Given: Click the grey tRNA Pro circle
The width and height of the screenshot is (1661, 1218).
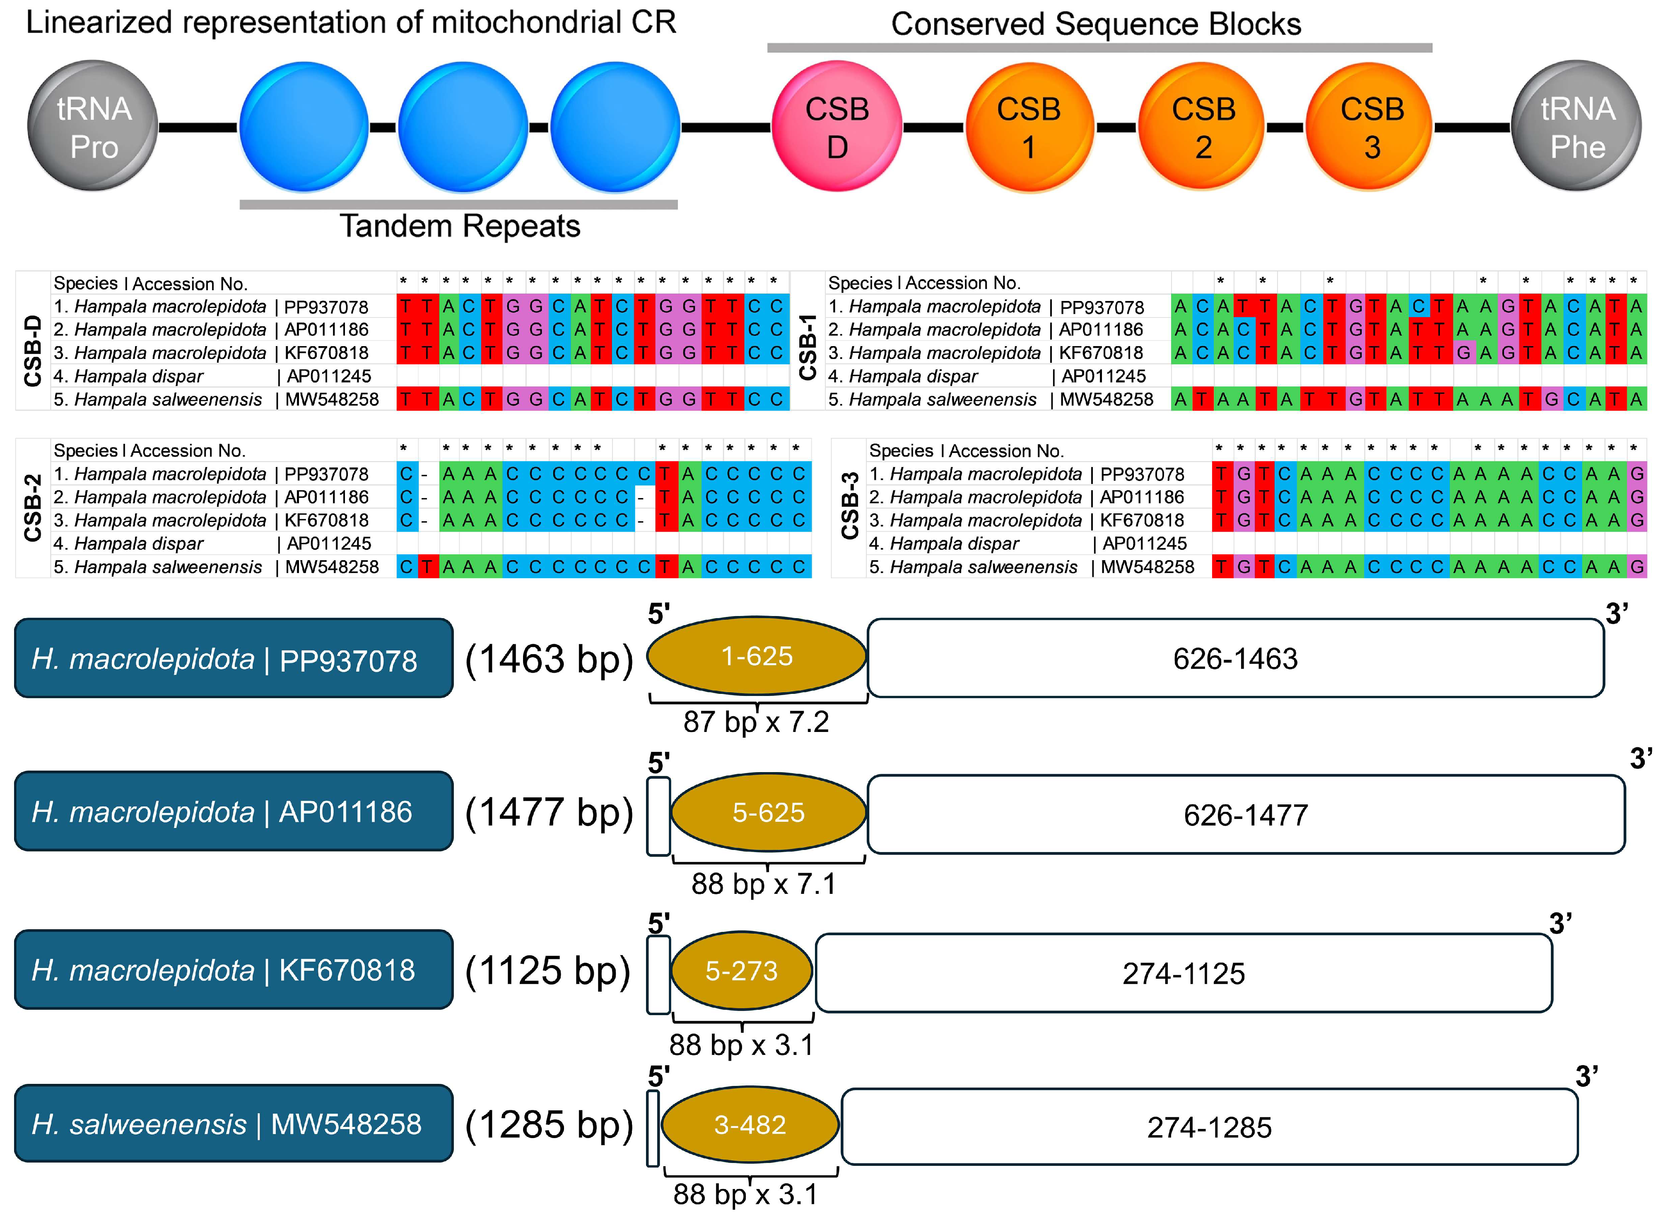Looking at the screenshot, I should coord(93,126).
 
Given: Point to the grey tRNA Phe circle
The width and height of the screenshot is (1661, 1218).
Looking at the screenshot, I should coord(1577,126).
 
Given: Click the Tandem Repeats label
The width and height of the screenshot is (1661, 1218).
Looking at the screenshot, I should coord(460,226).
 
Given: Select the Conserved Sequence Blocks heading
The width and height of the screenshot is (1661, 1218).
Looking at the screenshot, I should coord(1096,24).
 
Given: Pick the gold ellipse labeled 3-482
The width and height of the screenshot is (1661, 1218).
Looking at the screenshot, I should coord(750,1124).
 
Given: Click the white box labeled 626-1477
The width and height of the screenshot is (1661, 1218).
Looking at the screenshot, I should coord(1246,815).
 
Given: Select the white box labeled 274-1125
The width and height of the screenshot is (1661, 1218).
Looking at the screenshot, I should coord(1184,973).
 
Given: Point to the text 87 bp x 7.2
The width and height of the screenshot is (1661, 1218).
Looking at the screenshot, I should coord(756,722).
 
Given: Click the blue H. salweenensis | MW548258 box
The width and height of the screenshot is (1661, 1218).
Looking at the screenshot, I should coord(233,1124).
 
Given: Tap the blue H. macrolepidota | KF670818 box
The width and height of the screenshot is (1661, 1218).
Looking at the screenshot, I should coord(233,970).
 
